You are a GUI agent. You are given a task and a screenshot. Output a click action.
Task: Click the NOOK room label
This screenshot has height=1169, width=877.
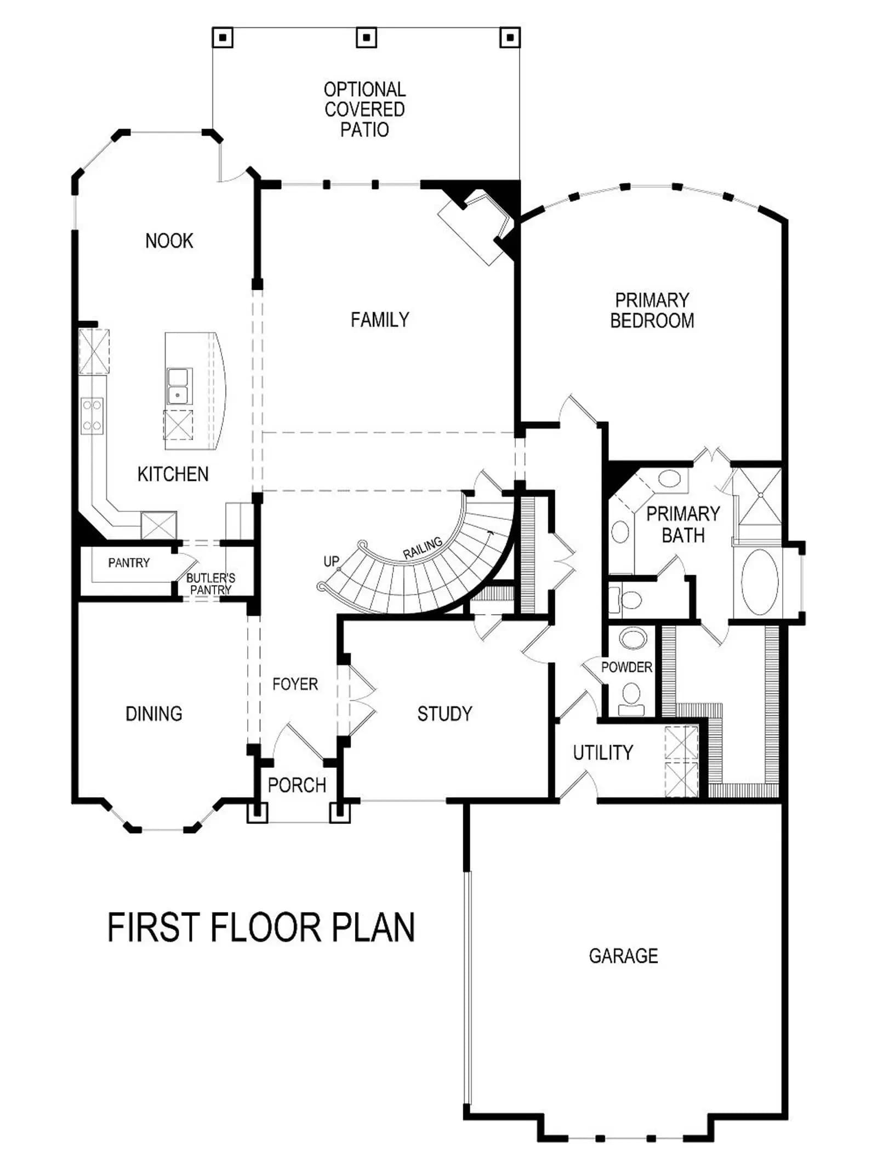pyautogui.click(x=169, y=240)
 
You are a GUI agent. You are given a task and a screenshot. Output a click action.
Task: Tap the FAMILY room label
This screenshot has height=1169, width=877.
pyautogui.click(x=380, y=319)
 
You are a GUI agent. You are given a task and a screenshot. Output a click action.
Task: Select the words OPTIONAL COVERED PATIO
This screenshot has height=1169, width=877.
pyautogui.click(x=365, y=109)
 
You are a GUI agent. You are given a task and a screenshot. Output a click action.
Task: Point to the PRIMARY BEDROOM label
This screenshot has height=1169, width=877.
pyautogui.click(x=652, y=310)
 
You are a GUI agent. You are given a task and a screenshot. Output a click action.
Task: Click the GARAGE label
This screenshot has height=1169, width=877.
pyautogui.click(x=623, y=956)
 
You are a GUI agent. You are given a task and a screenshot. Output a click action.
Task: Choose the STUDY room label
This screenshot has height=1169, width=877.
pyautogui.click(x=445, y=714)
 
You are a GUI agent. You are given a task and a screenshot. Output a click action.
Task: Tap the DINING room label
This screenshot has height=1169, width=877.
pyautogui.click(x=154, y=714)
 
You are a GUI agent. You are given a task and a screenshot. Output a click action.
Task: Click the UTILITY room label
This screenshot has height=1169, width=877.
pyautogui.click(x=603, y=753)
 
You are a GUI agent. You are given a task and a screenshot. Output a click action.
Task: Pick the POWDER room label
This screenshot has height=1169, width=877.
pyautogui.click(x=627, y=667)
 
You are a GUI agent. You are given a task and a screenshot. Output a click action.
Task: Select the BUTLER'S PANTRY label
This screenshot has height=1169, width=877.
pyautogui.click(x=211, y=584)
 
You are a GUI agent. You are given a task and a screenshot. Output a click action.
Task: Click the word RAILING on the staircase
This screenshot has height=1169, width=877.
pyautogui.click(x=423, y=548)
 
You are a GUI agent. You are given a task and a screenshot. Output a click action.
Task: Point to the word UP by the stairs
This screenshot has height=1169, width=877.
pyautogui.click(x=332, y=561)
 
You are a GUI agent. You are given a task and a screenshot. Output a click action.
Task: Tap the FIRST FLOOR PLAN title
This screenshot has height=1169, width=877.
pyautogui.click(x=261, y=927)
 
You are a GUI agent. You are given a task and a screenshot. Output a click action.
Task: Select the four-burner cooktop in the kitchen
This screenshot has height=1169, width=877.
pyautogui.click(x=92, y=415)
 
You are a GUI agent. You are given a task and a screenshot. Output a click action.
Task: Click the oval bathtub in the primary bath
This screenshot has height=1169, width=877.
pyautogui.click(x=759, y=583)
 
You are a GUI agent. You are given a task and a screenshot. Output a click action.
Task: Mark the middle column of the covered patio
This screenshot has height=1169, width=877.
pyautogui.click(x=367, y=38)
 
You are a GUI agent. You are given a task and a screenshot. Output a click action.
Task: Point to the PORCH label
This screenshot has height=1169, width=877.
pyautogui.click(x=297, y=785)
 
